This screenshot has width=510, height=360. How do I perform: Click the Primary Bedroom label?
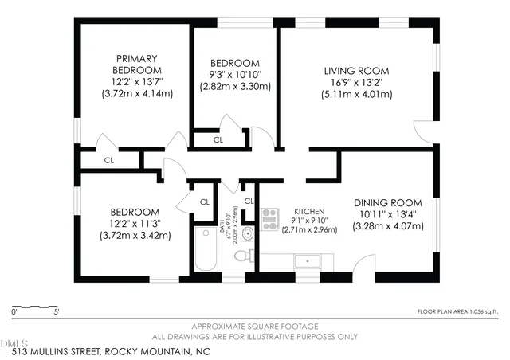[136, 65]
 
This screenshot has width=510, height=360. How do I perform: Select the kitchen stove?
[269, 215]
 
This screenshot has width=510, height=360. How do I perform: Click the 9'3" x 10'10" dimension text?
[234, 76]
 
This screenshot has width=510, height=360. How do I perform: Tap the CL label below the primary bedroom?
[110, 160]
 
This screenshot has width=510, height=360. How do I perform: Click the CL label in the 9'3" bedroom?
[218, 140]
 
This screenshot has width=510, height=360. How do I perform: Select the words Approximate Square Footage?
[254, 327]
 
